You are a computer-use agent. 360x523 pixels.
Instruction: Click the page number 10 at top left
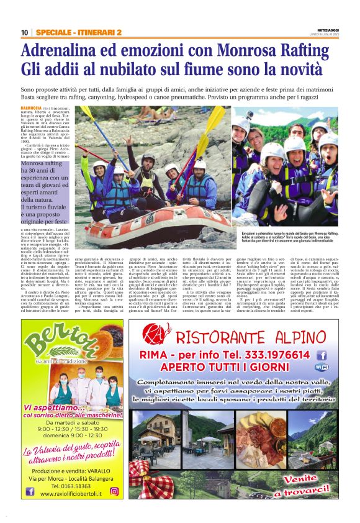tap(24, 32)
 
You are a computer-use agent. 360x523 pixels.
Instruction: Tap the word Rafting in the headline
tap(308, 52)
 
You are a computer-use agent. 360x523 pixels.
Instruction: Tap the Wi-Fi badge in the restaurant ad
tap(322, 368)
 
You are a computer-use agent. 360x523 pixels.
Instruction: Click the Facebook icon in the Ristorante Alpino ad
tap(322, 355)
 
